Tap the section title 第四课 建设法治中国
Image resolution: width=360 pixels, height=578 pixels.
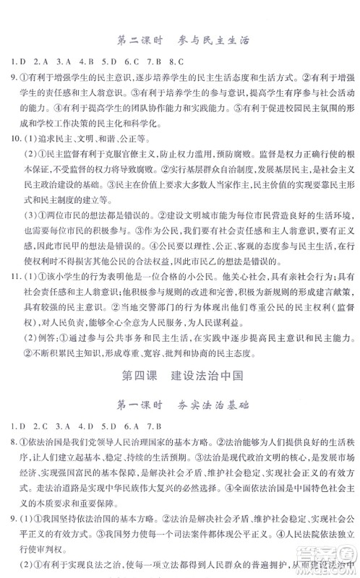tap(179, 376)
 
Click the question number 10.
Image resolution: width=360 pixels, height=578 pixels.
tap(12, 137)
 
